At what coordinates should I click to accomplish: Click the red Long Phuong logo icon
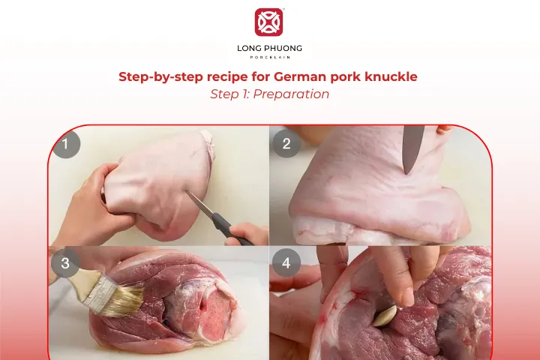(269, 22)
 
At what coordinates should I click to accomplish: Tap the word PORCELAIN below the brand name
(269, 58)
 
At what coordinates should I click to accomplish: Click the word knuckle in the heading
(392, 76)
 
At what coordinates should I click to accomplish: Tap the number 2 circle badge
(286, 144)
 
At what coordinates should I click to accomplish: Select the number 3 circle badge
(66, 263)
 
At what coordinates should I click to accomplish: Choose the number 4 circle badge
(286, 263)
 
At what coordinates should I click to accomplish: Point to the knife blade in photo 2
(412, 148)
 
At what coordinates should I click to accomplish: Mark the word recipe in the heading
(225, 76)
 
